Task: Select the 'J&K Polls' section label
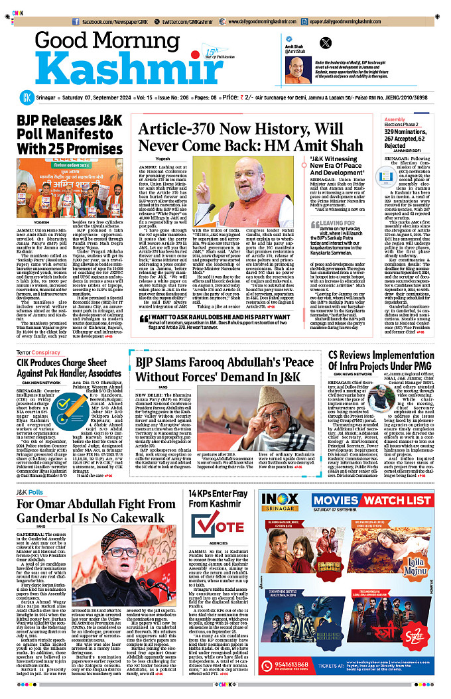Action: pos(31,492)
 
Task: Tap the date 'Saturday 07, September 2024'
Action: pos(97,97)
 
